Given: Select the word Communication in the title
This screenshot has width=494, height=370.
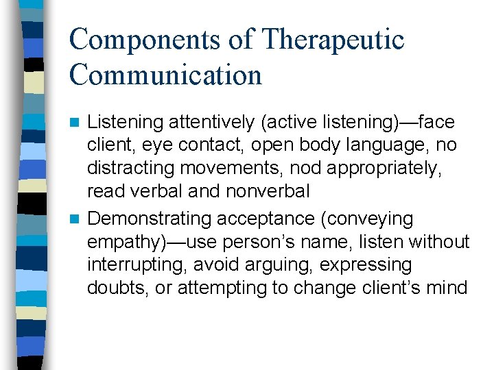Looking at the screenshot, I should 165,75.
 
